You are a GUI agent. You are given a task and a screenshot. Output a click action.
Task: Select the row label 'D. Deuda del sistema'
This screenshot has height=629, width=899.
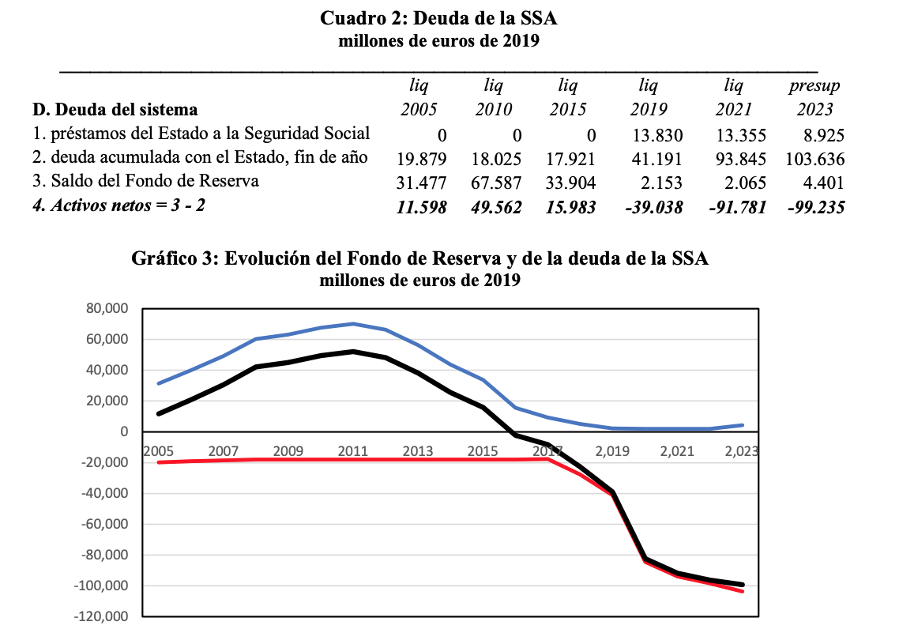click(115, 109)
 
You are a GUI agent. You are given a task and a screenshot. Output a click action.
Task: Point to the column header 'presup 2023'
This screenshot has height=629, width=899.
click(814, 97)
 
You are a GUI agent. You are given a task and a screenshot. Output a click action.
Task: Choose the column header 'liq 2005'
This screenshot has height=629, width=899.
click(419, 97)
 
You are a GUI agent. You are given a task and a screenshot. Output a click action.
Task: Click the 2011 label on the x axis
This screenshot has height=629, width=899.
click(352, 451)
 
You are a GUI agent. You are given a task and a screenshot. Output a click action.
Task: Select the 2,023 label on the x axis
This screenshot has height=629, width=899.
click(742, 451)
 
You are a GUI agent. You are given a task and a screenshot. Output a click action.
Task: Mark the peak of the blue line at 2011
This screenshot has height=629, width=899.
click(353, 324)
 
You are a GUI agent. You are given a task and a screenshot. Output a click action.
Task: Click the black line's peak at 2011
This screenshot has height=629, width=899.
click(353, 352)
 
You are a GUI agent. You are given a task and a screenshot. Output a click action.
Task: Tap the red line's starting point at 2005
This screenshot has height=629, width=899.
click(159, 462)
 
